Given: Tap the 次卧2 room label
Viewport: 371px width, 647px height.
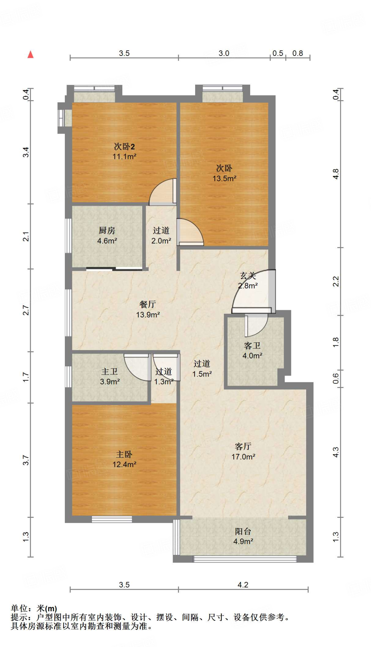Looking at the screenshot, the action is coord(124,146).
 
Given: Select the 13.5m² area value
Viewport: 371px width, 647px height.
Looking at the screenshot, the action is coord(224,178).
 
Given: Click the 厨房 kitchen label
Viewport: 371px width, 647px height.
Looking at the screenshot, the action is coord(107,231).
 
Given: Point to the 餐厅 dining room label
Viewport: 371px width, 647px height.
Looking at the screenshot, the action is coord(148,304).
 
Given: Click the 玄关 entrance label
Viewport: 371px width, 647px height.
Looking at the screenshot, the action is coord(248,276).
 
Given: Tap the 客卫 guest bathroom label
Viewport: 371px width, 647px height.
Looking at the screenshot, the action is coord(252,346).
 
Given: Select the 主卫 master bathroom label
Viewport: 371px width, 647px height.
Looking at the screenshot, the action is coord(109,372).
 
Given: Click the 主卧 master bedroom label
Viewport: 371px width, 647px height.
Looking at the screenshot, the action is coord(124,454).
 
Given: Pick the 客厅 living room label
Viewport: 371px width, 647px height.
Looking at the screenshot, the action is coord(243,446).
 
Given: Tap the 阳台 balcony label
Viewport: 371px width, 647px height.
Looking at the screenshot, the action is coord(243,531).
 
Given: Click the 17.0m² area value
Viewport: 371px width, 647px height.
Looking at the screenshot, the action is coord(243,457).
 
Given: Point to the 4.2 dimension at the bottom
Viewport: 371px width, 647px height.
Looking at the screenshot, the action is coord(243,585).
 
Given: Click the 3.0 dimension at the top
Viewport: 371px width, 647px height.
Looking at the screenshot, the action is coord(224,53).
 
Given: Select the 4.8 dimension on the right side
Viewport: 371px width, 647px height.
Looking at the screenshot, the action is coord(336,174).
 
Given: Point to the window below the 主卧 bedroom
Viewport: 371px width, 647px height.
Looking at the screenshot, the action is coord(112,519).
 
